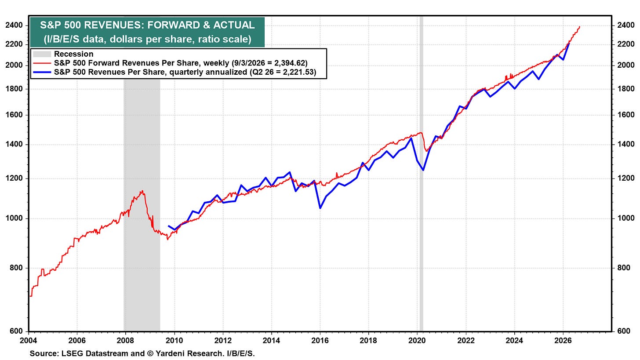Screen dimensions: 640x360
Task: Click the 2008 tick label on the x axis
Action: [x=125, y=341]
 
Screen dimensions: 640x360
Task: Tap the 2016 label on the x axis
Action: [x=320, y=341]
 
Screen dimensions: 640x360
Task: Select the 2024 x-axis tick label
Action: [x=514, y=341]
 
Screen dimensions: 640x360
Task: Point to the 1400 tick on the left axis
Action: [x=14, y=144]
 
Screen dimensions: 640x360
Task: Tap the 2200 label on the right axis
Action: [x=626, y=44]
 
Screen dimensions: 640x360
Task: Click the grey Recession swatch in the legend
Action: [x=42, y=54]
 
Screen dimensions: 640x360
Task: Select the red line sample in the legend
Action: [x=42, y=63]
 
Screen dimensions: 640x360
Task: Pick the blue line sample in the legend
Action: [x=42, y=72]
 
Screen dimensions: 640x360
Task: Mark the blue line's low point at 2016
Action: [x=320, y=208]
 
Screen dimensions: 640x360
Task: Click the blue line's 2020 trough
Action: [x=423, y=170]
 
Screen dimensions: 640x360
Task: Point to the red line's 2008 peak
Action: [x=142, y=191]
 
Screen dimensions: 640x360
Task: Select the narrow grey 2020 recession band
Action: [x=421, y=174]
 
